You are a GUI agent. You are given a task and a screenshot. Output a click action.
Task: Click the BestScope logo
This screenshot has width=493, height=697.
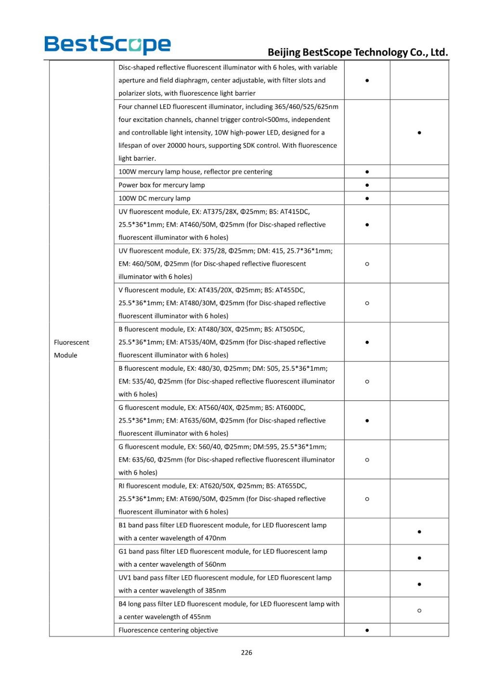tap(107, 45)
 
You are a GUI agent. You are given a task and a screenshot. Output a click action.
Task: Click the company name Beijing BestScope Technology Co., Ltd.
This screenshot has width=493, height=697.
tap(358, 52)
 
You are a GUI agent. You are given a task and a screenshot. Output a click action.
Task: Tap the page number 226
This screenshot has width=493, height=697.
tap(246, 652)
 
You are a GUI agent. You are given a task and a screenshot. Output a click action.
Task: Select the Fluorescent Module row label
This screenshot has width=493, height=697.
tap(71, 348)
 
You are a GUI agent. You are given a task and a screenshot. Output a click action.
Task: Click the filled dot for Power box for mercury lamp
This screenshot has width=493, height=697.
tap(367, 185)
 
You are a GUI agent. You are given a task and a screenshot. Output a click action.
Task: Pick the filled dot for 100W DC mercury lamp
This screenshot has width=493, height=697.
tap(367, 198)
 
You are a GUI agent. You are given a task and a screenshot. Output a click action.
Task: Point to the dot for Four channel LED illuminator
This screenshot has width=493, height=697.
tap(419, 132)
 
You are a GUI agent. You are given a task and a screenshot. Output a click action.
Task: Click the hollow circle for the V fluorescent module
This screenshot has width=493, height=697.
tap(367, 303)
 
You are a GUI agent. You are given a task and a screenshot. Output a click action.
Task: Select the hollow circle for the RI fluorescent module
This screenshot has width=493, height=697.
tap(367, 499)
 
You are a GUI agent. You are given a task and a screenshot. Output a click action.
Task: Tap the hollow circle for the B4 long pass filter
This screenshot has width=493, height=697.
tap(419, 610)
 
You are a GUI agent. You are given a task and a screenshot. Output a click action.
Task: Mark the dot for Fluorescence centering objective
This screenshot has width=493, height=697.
tap(367, 630)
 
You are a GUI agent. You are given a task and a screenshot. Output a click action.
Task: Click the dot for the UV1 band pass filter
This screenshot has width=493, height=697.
tap(419, 584)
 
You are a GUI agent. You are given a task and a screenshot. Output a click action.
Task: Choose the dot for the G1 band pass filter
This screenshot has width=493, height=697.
tap(419, 558)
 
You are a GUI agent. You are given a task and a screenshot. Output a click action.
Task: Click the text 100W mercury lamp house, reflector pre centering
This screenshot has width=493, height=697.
tap(195, 171)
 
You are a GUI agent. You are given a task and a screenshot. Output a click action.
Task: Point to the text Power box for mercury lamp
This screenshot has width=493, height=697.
tap(161, 185)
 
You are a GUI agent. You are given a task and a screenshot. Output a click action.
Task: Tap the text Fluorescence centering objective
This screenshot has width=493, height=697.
tap(168, 630)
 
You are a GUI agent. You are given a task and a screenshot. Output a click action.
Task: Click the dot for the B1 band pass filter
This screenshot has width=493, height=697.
tap(419, 531)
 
